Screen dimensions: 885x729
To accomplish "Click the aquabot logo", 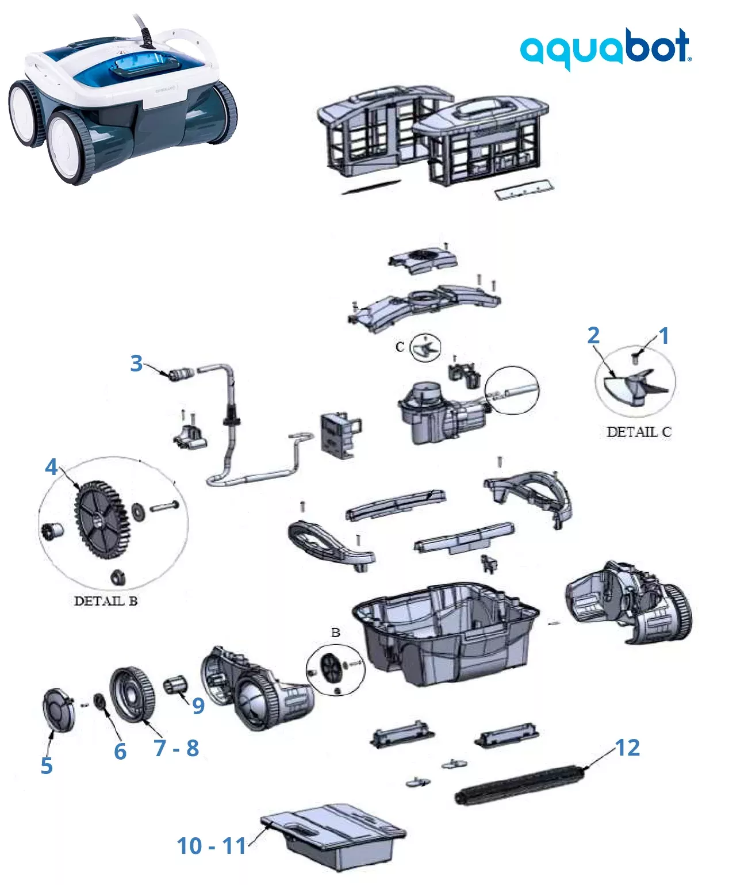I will pos(605,47).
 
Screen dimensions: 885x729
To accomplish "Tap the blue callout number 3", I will pos(136,363).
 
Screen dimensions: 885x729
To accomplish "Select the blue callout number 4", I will pos(51,466).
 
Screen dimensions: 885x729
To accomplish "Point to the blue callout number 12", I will pos(627,747).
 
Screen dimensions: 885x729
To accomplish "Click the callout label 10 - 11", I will pos(211,845).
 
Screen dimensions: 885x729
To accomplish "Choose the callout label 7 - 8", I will pos(176,748).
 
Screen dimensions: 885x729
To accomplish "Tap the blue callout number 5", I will pos(47,765).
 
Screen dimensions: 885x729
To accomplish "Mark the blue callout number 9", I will pos(198,705).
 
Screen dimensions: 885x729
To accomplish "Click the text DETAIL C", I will pos(639,431).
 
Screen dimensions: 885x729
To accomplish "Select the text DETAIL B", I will pos(106,601).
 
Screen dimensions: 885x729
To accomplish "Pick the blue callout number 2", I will pos(593,335).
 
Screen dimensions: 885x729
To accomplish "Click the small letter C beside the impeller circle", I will pos(400,347).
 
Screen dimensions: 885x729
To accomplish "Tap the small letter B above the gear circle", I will pos(336,633).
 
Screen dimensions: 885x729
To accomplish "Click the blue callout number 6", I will pos(120,751).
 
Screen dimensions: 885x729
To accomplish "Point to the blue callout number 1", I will pos(663,335).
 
